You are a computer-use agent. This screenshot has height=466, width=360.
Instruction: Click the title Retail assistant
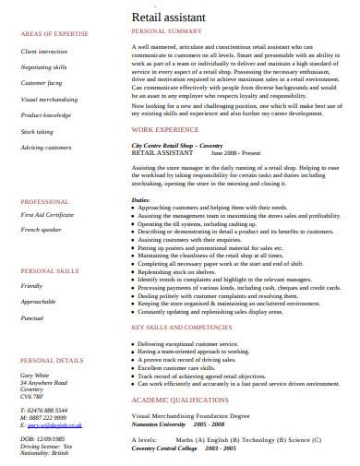click(171, 15)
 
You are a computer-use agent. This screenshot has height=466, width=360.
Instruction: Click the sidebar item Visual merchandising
click(50, 99)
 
